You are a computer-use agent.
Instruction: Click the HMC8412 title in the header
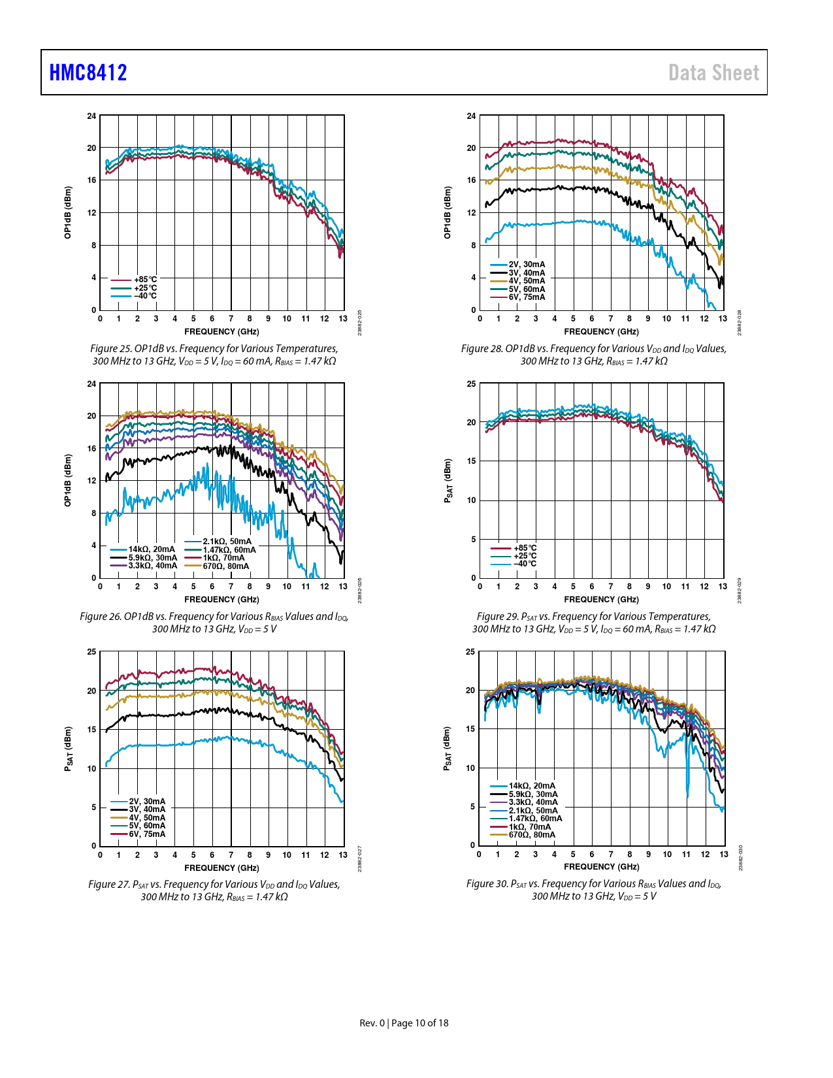88,73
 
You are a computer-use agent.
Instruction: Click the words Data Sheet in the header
713,73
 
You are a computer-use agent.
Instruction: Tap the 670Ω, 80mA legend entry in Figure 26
225,566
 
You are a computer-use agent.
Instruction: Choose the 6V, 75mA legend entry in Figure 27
147,834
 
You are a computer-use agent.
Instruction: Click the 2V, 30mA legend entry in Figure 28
527,265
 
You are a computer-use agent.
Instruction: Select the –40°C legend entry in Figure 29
525,564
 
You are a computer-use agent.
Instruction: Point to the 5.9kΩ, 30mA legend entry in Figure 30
533,794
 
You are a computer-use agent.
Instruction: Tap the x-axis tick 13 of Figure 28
723,319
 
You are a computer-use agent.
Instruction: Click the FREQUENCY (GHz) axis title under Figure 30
601,867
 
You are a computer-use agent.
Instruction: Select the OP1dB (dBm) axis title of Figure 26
68,480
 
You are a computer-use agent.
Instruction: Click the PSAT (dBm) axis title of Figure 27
68,749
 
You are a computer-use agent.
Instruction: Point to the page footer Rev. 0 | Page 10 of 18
404,1023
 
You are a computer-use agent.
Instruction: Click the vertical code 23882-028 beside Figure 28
739,323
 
